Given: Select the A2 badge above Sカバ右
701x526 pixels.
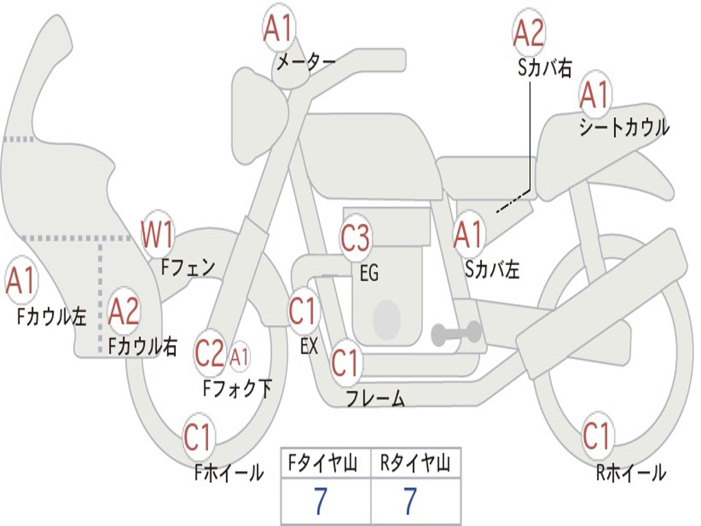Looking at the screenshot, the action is [x=528, y=32].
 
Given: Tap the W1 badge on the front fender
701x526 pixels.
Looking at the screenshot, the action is [x=157, y=234].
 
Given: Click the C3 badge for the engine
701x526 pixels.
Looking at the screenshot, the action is [x=355, y=238].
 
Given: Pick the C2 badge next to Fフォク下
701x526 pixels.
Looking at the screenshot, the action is [x=209, y=353].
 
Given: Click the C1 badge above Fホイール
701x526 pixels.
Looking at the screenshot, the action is [x=198, y=436].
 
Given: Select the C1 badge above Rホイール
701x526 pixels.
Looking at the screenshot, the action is [x=596, y=435].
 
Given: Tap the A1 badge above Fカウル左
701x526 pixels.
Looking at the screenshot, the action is [x=21, y=280].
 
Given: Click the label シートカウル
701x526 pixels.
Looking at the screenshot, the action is [x=624, y=127].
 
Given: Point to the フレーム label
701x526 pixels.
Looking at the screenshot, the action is [x=376, y=398].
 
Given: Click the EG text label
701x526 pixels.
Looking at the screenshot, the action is [x=369, y=273].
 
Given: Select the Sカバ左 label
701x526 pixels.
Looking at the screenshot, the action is [x=492, y=268].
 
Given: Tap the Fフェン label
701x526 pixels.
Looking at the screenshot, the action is [x=188, y=267].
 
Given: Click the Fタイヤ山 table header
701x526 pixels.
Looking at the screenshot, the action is [x=323, y=464].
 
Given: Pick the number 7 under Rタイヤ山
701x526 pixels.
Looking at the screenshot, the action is [x=411, y=501].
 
